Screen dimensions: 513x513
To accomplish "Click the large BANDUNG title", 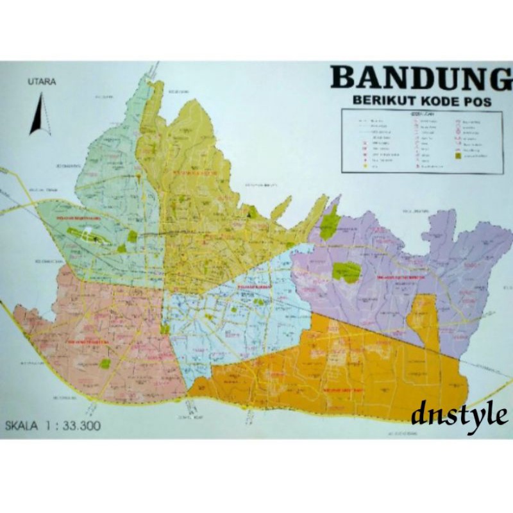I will pyautogui.click(x=420, y=78).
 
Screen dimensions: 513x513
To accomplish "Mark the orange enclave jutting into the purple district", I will pyautogui.click(x=424, y=321).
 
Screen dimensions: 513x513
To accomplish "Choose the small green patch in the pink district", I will pyautogui.click(x=105, y=364).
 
